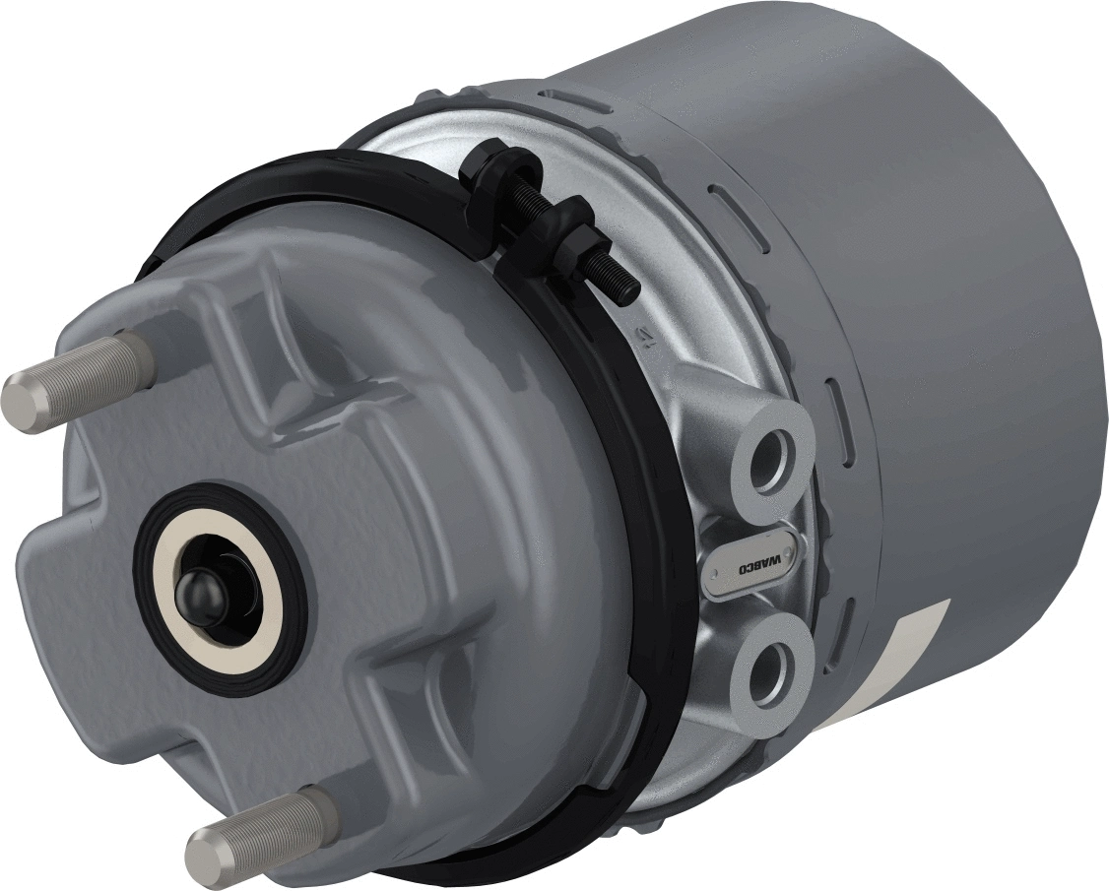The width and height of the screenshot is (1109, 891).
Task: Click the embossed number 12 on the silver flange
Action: point(641,337)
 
